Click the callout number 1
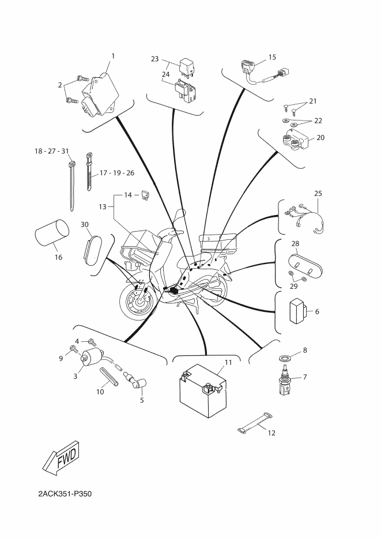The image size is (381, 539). (x=113, y=56)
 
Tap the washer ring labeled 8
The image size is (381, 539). (x=285, y=358)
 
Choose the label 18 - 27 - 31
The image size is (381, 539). (x=52, y=151)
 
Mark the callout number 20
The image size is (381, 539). (x=320, y=138)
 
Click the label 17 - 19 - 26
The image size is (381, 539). (x=118, y=173)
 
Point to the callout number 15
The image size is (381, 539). (x=272, y=58)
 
